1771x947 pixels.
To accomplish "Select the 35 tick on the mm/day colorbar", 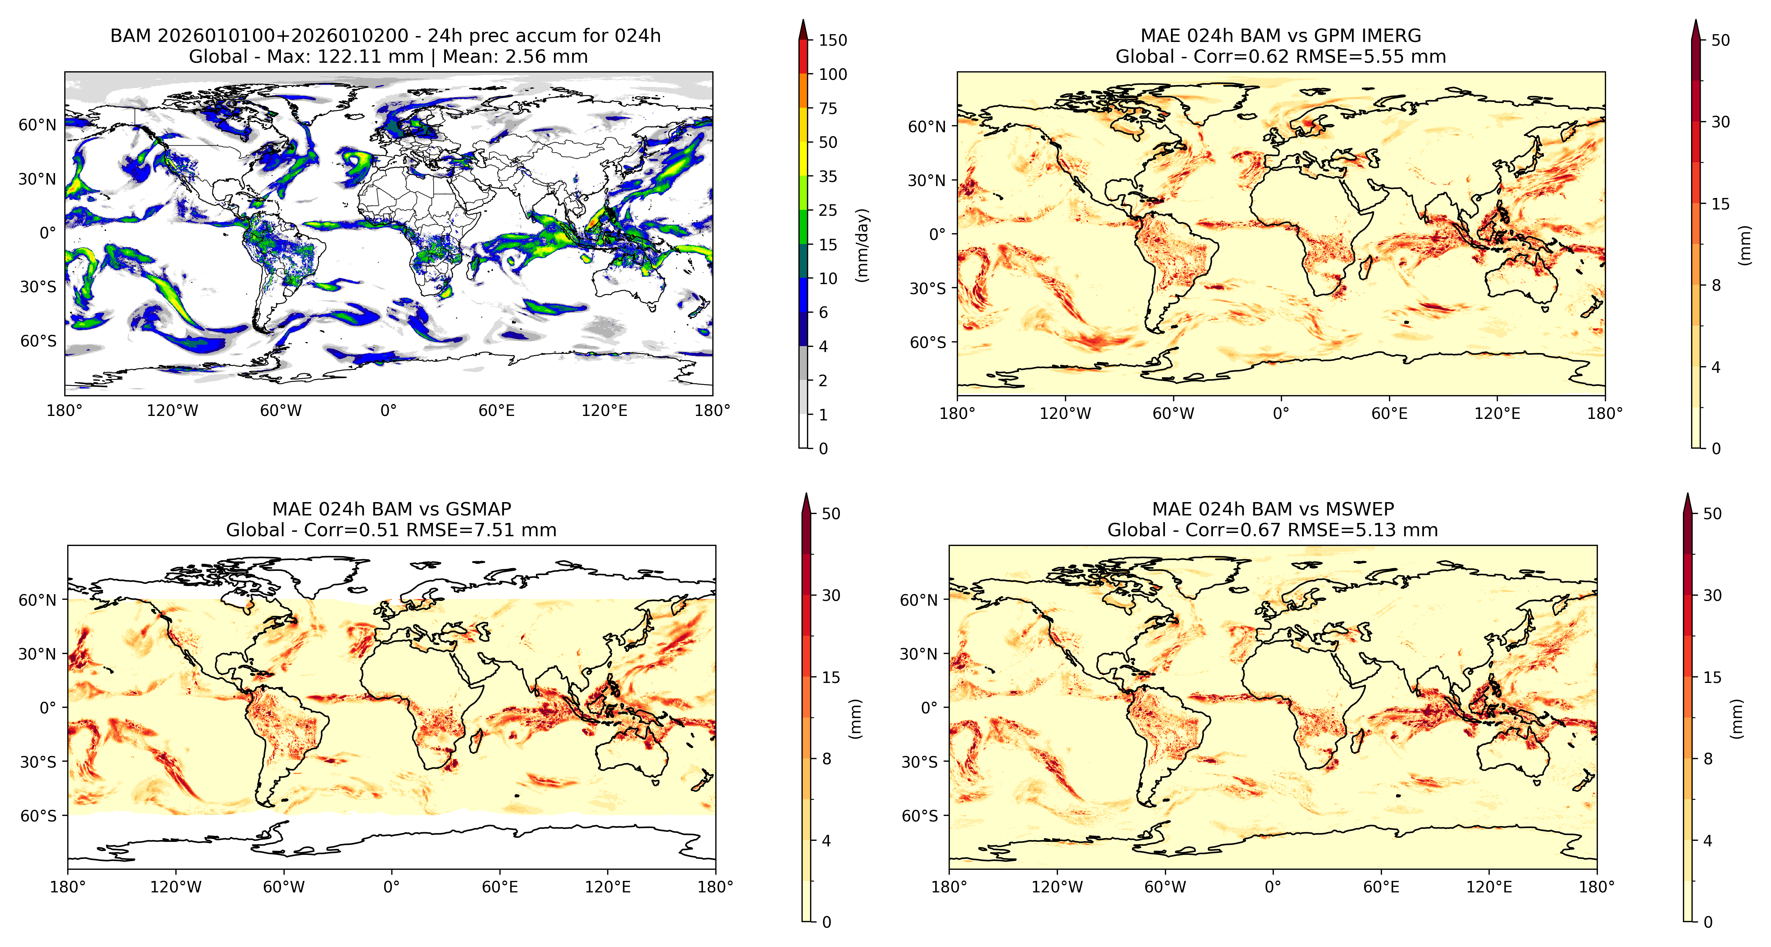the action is tap(828, 177).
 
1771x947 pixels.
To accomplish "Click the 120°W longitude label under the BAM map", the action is tap(172, 411).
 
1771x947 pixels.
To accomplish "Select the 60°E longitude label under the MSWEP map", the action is tap(1381, 887).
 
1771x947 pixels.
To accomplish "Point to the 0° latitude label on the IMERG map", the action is tap(938, 234).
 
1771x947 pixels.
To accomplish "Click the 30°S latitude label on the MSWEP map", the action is tap(919, 762).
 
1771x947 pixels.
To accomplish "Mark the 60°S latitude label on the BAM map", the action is tap(38, 342).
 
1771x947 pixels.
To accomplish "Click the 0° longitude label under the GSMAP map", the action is tap(391, 887).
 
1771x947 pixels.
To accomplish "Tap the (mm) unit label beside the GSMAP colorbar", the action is tap(855, 719).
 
